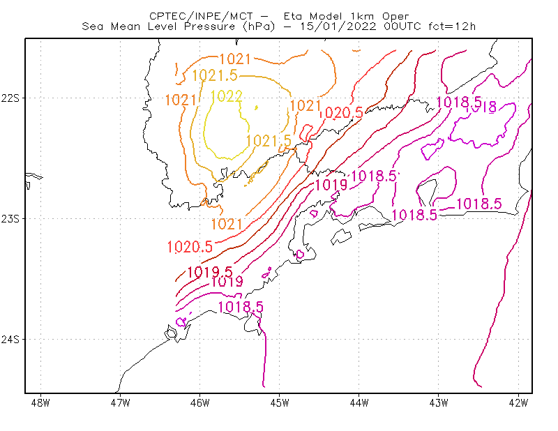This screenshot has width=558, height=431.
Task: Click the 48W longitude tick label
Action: (x=40, y=403)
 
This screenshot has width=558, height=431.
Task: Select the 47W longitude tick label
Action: (x=120, y=403)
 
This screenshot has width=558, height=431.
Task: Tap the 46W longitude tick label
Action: (x=200, y=403)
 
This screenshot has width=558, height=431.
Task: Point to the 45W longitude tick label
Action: (x=280, y=403)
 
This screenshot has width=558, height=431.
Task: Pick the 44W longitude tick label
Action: (x=359, y=403)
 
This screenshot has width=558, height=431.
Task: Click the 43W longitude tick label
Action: (x=439, y=403)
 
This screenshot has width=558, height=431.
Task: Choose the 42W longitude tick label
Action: (x=518, y=403)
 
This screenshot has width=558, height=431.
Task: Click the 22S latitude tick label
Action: (x=10, y=98)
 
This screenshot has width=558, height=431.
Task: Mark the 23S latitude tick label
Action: (x=10, y=218)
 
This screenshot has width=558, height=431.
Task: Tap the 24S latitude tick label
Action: (x=10, y=339)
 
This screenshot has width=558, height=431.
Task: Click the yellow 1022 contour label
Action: (x=226, y=96)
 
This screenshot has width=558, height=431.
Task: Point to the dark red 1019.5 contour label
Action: (x=210, y=272)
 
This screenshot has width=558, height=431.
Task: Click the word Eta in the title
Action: (x=292, y=16)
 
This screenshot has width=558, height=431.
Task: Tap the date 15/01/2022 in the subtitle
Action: (x=338, y=27)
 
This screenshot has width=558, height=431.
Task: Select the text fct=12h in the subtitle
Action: (x=452, y=27)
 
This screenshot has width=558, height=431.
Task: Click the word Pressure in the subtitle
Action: (x=210, y=27)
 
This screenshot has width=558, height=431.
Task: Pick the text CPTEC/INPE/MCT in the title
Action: (x=201, y=16)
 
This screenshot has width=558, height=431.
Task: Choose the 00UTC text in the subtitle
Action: (x=402, y=27)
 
